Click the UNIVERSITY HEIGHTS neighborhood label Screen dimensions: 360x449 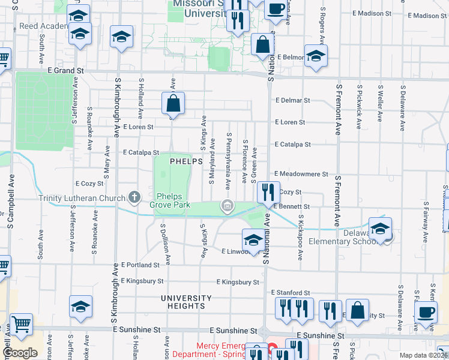coord(186,302)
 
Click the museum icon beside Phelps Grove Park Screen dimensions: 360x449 coord(228,207)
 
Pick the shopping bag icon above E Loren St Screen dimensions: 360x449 coord(173,103)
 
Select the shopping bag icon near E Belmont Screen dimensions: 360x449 coord(264,44)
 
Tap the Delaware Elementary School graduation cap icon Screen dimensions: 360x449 coord(380,229)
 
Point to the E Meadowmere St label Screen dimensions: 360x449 coord(301,174)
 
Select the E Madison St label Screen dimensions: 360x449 coord(372,13)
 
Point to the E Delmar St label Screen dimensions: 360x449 coord(292,101)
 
